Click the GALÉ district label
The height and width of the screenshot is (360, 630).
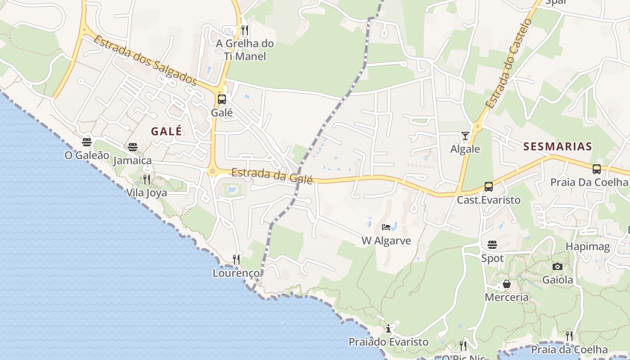click(x=166, y=131)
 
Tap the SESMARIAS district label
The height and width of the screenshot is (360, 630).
click(x=558, y=146)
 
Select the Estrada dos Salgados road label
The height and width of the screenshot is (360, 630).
click(x=145, y=60)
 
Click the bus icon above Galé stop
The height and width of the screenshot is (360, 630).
click(x=222, y=99)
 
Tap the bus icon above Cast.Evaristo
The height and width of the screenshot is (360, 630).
click(x=489, y=186)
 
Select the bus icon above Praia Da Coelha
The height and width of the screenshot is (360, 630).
click(x=597, y=169)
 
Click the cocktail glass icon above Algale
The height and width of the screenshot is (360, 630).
click(x=465, y=135)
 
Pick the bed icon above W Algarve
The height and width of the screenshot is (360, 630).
click(x=386, y=227)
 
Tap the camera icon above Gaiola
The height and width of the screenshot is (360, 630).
click(x=558, y=266)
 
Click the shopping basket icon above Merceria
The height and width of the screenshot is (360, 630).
click(x=507, y=284)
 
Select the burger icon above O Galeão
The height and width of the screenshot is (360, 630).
click(x=87, y=142)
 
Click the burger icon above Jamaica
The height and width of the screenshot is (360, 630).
click(x=132, y=147)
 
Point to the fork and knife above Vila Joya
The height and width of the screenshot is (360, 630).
click(x=147, y=180)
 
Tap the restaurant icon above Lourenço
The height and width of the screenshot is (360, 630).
click(x=236, y=260)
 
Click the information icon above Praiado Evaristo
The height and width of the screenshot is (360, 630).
click(x=388, y=328)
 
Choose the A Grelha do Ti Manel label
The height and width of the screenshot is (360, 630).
click(x=245, y=50)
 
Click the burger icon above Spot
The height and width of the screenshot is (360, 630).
click(x=492, y=245)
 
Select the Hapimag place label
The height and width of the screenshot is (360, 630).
click(x=588, y=247)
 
